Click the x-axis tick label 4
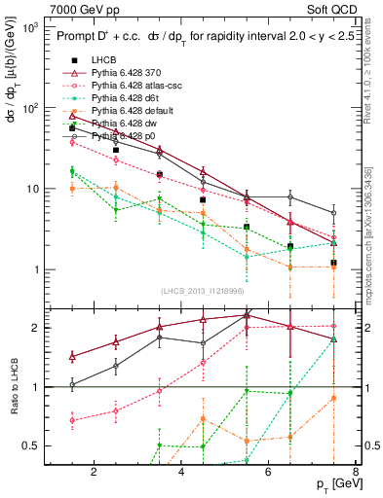[182, 474]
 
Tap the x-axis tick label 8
[356, 474]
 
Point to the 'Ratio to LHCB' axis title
[13, 387]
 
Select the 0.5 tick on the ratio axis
[33, 446]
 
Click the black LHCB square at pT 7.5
[333, 263]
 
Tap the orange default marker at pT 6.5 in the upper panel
[289, 267]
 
